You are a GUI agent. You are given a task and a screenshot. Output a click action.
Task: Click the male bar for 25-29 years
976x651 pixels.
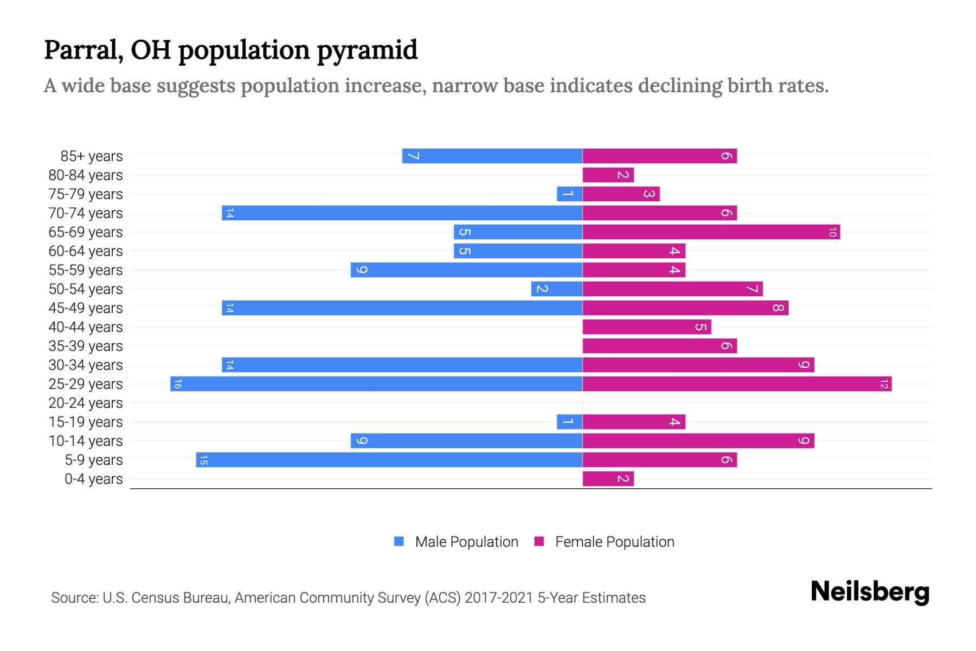tap(376, 384)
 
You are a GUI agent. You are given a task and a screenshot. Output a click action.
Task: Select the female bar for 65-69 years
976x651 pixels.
tap(711, 232)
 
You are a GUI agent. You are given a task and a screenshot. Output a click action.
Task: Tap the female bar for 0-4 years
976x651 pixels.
tap(608, 479)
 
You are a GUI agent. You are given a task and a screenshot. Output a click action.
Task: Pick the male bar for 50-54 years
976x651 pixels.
tap(556, 289)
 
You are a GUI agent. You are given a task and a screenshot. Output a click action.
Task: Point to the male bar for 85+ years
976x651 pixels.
tap(492, 156)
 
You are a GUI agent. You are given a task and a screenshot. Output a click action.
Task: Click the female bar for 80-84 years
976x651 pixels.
tap(608, 175)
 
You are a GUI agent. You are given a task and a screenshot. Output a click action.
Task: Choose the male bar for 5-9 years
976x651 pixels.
tap(389, 460)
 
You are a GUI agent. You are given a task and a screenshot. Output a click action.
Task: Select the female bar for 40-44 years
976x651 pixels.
tap(646, 327)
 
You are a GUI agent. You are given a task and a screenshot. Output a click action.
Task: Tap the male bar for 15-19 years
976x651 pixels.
tap(569, 422)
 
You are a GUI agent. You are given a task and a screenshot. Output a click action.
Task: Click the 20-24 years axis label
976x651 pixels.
tap(86, 403)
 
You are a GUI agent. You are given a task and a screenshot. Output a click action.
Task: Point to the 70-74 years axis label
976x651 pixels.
tap(86, 213)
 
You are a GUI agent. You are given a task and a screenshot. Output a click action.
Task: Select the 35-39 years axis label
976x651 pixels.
tap(86, 346)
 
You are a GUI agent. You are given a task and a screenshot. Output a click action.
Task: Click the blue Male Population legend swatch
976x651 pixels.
tap(399, 541)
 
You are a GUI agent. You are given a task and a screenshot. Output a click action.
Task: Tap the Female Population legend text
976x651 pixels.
tap(614, 542)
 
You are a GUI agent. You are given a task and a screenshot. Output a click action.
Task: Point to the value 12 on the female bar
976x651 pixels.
tap(884, 384)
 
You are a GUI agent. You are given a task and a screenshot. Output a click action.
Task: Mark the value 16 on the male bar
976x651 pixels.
tap(178, 384)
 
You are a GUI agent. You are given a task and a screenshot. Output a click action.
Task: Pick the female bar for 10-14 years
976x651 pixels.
tap(698, 441)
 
